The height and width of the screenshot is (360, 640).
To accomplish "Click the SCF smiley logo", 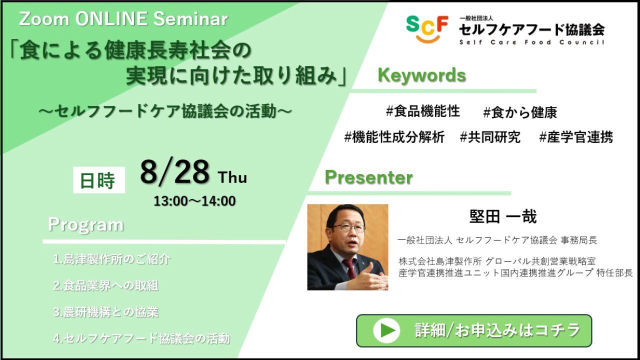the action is click(x=427, y=29).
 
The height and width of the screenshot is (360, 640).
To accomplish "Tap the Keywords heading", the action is click(x=421, y=75).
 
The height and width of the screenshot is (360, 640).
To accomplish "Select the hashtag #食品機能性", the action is click(x=423, y=111).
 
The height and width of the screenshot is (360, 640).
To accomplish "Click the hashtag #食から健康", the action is click(x=520, y=112).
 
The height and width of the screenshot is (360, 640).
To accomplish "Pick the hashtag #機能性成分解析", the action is click(x=394, y=137).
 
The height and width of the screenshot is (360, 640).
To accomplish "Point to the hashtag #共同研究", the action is click(x=490, y=137).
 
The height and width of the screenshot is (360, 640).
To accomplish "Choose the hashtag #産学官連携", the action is click(x=576, y=137).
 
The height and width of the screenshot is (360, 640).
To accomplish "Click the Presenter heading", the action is click(x=369, y=177).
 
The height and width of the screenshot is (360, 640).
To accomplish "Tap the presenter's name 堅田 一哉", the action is click(x=503, y=216).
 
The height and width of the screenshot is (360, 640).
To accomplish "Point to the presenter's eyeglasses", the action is click(x=348, y=227).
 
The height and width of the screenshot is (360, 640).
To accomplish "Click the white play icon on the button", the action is click(x=386, y=330).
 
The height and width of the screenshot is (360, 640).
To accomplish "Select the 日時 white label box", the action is click(x=99, y=180).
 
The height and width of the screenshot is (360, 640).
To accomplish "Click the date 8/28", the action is click(x=175, y=172).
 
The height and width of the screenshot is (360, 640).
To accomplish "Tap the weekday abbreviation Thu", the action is click(x=232, y=177).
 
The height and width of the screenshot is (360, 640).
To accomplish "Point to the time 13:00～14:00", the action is click(x=194, y=201).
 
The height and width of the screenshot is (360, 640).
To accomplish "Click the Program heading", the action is click(x=85, y=225).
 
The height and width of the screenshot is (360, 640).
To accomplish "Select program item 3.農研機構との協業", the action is click(x=105, y=312).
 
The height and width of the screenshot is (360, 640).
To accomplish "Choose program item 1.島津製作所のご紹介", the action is click(x=111, y=259).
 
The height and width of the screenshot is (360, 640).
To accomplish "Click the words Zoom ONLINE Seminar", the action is click(x=123, y=19).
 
